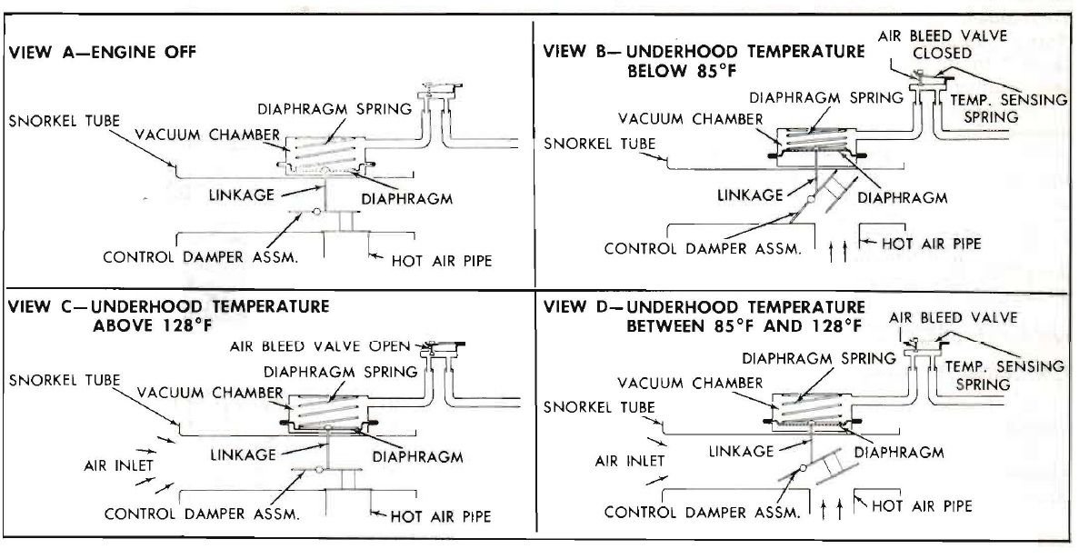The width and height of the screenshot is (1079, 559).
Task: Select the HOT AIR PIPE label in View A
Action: (x=442, y=260)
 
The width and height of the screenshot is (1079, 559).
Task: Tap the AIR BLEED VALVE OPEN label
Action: (x=319, y=345)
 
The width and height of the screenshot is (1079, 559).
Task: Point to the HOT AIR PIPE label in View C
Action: (x=441, y=516)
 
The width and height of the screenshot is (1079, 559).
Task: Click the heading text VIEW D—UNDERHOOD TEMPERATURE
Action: (x=704, y=306)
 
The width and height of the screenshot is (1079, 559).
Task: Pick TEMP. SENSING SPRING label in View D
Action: (x=1004, y=375)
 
